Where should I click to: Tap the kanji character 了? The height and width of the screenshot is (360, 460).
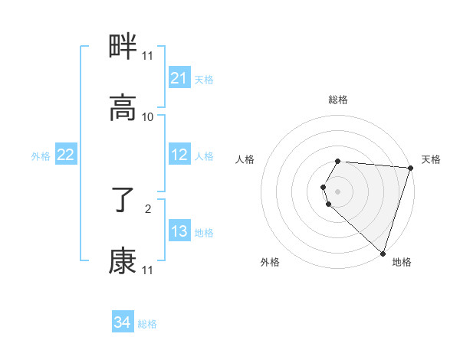(x=123, y=201)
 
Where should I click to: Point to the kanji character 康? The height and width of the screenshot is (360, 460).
(x=123, y=261)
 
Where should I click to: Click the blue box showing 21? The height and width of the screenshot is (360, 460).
(x=179, y=78)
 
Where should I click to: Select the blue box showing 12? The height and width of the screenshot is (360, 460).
(x=179, y=155)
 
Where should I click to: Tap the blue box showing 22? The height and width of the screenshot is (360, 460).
(x=66, y=155)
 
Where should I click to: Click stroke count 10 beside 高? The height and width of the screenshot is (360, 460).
(x=148, y=117)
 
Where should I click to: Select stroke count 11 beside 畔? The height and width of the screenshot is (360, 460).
(x=148, y=56)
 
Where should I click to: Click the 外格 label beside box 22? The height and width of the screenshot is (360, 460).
(x=41, y=156)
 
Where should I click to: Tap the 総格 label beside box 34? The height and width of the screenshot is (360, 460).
(x=147, y=324)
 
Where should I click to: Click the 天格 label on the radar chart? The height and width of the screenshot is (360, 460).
(x=432, y=159)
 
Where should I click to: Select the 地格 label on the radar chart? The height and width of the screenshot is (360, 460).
(x=402, y=262)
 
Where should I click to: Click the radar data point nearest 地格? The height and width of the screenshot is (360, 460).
(x=383, y=254)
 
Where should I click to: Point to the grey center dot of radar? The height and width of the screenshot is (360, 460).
(x=337, y=191)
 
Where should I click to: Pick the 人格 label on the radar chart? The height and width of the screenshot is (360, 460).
(x=245, y=159)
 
